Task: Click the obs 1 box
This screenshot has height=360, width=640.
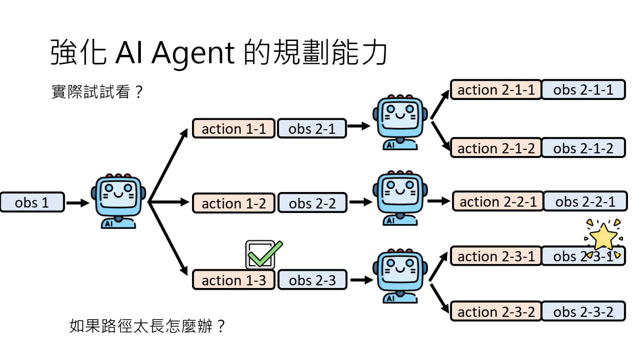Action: click(32, 202)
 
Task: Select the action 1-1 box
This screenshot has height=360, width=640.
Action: click(233, 128)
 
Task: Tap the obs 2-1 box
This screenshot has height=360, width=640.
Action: click(312, 129)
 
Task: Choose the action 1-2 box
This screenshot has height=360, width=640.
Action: click(233, 203)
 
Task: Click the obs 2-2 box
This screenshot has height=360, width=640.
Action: click(312, 203)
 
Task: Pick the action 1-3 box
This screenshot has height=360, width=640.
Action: click(233, 280)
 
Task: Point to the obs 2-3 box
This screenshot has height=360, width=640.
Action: click(312, 280)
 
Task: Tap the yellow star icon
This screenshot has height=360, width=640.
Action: click(603, 236)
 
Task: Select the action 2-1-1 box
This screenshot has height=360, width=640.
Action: click(496, 90)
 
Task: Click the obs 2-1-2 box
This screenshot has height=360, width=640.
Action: click(583, 148)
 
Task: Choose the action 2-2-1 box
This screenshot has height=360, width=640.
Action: click(498, 201)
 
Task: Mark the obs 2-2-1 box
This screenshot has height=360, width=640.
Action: click(585, 201)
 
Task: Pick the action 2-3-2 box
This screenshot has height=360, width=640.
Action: click(496, 311)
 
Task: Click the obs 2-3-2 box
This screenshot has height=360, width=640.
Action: click(583, 311)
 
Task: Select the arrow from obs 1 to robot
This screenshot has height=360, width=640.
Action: click(78, 203)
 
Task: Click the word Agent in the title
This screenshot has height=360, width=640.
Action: click(193, 54)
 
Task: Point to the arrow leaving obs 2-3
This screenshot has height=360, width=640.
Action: click(360, 280)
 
